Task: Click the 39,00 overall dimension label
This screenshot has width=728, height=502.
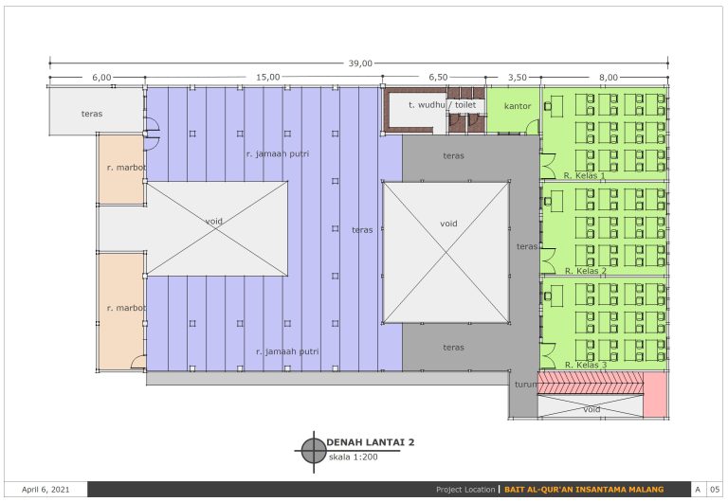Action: [x=360, y=63]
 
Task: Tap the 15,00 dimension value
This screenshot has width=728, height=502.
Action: [x=268, y=77]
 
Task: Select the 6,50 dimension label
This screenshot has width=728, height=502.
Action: [x=438, y=77]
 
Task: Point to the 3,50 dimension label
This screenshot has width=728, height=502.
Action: [x=518, y=77]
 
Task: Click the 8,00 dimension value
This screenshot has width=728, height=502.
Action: [x=609, y=77]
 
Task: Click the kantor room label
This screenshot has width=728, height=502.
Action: [x=518, y=106]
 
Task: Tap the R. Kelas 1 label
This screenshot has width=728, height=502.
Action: [x=585, y=175]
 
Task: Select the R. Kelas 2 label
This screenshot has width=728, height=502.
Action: [x=586, y=271]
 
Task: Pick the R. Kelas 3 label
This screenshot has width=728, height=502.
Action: [x=586, y=365]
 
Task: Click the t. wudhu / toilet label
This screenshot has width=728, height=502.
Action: [x=442, y=105]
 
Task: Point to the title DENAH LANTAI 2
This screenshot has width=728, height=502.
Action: [x=371, y=442]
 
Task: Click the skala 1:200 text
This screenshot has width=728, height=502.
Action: [x=354, y=457]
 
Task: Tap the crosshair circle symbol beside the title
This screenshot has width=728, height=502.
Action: [x=314, y=451]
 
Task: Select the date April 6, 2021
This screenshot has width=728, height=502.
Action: [x=45, y=490]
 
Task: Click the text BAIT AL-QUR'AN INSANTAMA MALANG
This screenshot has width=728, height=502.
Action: [x=584, y=490]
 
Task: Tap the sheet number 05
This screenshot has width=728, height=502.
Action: [x=715, y=490]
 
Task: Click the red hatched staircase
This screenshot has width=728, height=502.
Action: [x=591, y=383]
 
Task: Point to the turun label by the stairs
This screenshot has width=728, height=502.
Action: [x=525, y=385]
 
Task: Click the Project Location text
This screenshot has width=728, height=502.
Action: [x=465, y=490]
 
